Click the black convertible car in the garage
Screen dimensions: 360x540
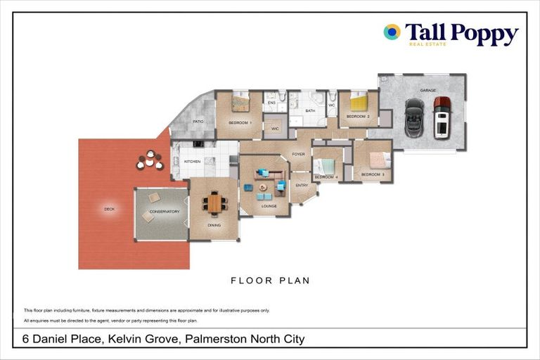point(414,118)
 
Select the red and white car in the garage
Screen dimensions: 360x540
point(442,118)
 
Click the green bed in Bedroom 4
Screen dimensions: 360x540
point(326,167)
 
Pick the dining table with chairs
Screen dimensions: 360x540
point(215,203)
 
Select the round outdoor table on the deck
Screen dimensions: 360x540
point(149,160)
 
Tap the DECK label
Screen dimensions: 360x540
point(109,209)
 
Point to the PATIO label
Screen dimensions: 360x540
point(198,122)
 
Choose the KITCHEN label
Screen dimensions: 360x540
point(193,162)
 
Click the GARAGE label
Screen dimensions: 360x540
point(428,91)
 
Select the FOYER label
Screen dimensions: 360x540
point(298,153)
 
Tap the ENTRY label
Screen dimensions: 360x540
point(302,185)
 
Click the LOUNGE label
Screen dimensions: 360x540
point(269,206)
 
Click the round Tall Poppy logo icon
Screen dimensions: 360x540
point(392,32)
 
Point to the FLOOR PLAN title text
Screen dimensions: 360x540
point(270,281)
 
